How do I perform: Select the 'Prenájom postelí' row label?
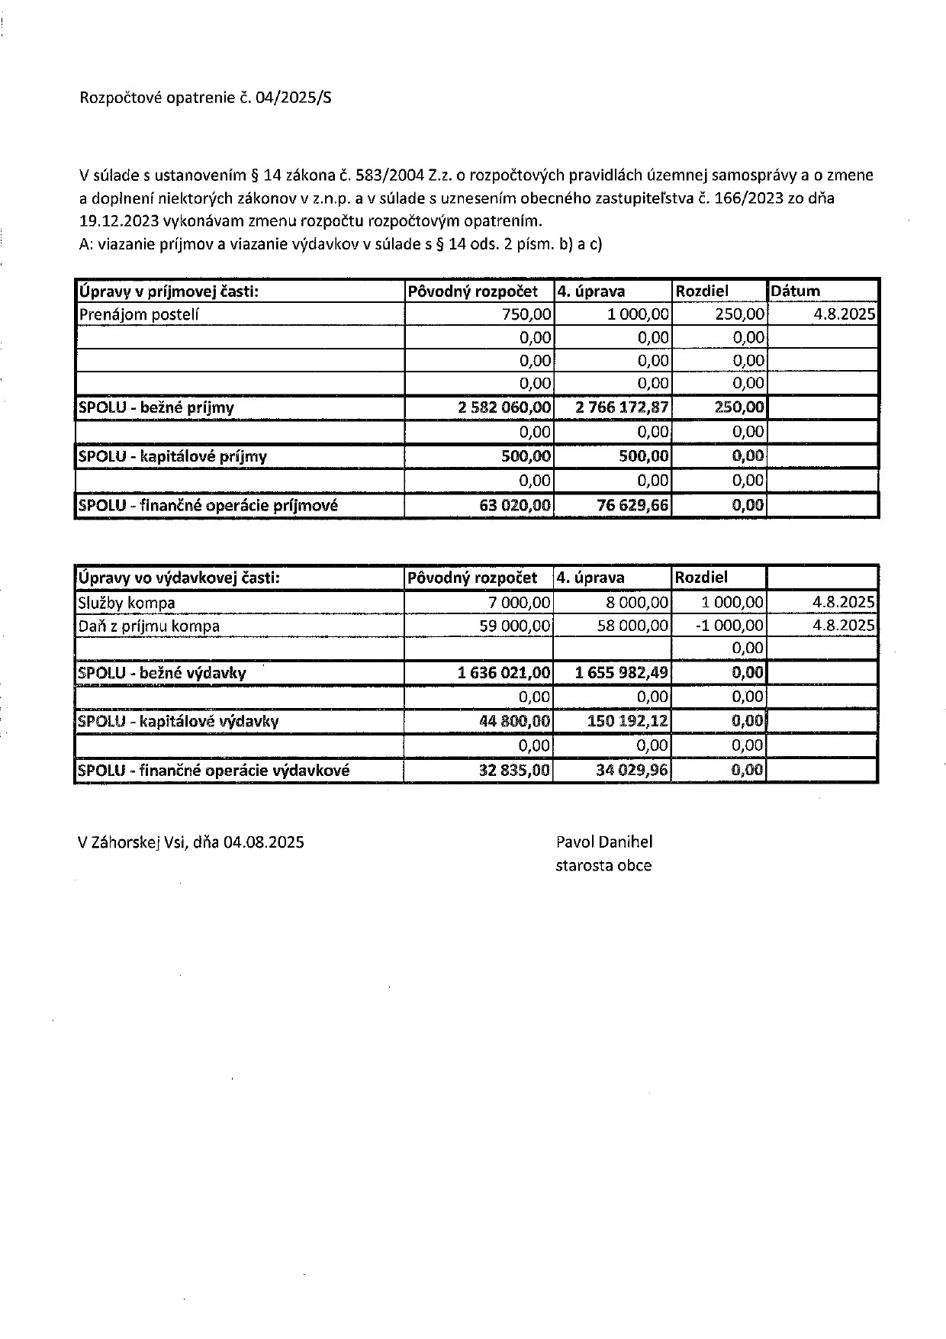138,314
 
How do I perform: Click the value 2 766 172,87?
623,407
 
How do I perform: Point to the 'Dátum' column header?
795,291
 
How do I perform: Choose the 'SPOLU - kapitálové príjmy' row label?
172,456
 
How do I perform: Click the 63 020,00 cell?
515,505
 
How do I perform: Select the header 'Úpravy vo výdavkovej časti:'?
179,578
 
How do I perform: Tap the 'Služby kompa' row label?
127,603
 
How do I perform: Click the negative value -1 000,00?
733,626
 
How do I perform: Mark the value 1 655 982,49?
623,673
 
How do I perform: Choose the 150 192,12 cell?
628,721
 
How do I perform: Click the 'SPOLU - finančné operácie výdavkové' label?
214,771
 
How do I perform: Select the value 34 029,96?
632,771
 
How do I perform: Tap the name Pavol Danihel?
604,842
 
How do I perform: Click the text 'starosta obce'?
603,865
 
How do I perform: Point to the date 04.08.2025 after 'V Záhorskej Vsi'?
264,842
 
